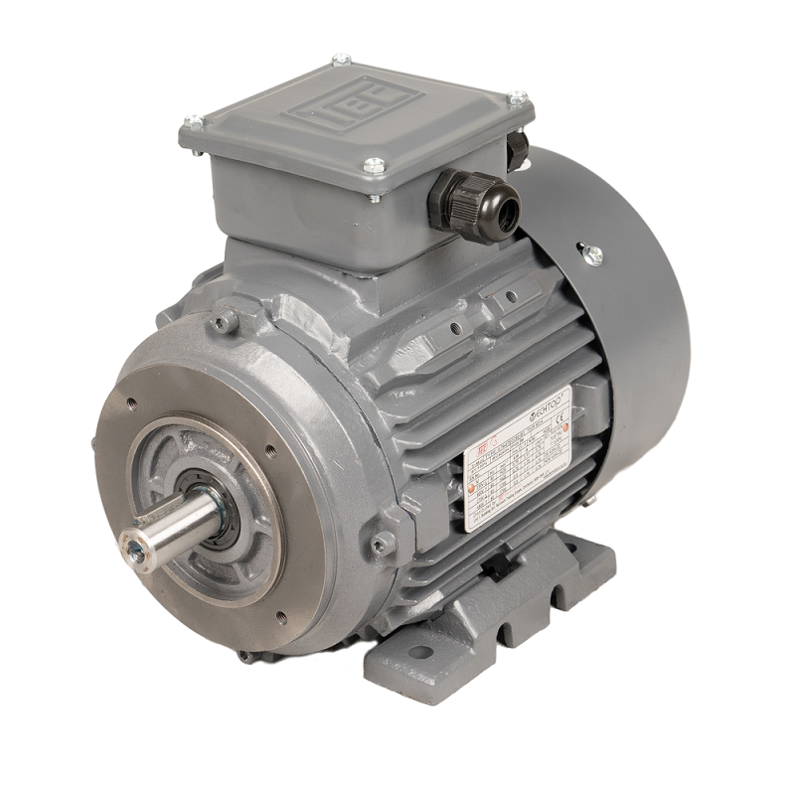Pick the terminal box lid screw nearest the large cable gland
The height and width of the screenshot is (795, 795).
click(374, 166)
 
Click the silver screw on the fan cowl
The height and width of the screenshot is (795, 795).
click(593, 253)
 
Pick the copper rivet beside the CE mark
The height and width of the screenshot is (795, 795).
click(564, 429)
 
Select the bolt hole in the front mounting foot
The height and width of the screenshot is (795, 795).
click(420, 653)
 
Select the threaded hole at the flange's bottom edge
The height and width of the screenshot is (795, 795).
click(281, 617)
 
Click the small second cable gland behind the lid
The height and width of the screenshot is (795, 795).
click(517, 149)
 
